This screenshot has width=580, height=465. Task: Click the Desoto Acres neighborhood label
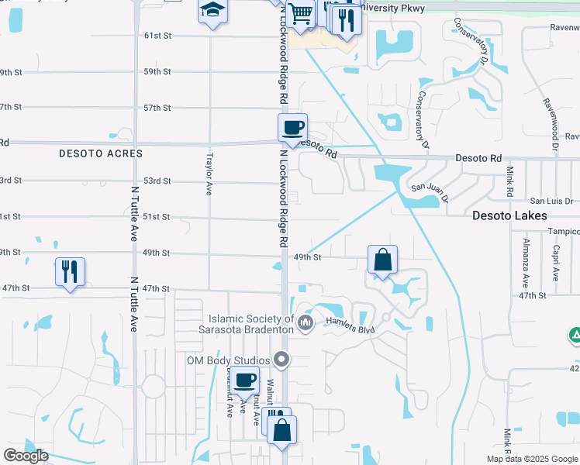tap(101, 153)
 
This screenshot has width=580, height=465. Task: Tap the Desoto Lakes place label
tap(510, 216)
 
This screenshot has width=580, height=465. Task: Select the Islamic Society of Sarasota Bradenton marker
tap(306, 322)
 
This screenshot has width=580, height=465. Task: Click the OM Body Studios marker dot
tap(281, 360)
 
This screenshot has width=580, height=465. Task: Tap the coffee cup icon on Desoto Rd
tap(293, 128)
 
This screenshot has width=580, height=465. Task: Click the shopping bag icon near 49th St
tap(383, 260)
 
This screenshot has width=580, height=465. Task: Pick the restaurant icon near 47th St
tap(70, 271)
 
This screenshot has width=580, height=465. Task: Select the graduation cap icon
tap(211, 12)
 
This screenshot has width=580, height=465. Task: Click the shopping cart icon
tap(300, 14)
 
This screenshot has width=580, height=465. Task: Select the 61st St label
tap(157, 36)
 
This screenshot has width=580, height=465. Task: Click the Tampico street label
tap(561, 231)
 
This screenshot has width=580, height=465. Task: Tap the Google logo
tap(26, 456)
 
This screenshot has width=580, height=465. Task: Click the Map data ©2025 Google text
tap(532, 459)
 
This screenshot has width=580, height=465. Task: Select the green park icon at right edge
tap(575, 336)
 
